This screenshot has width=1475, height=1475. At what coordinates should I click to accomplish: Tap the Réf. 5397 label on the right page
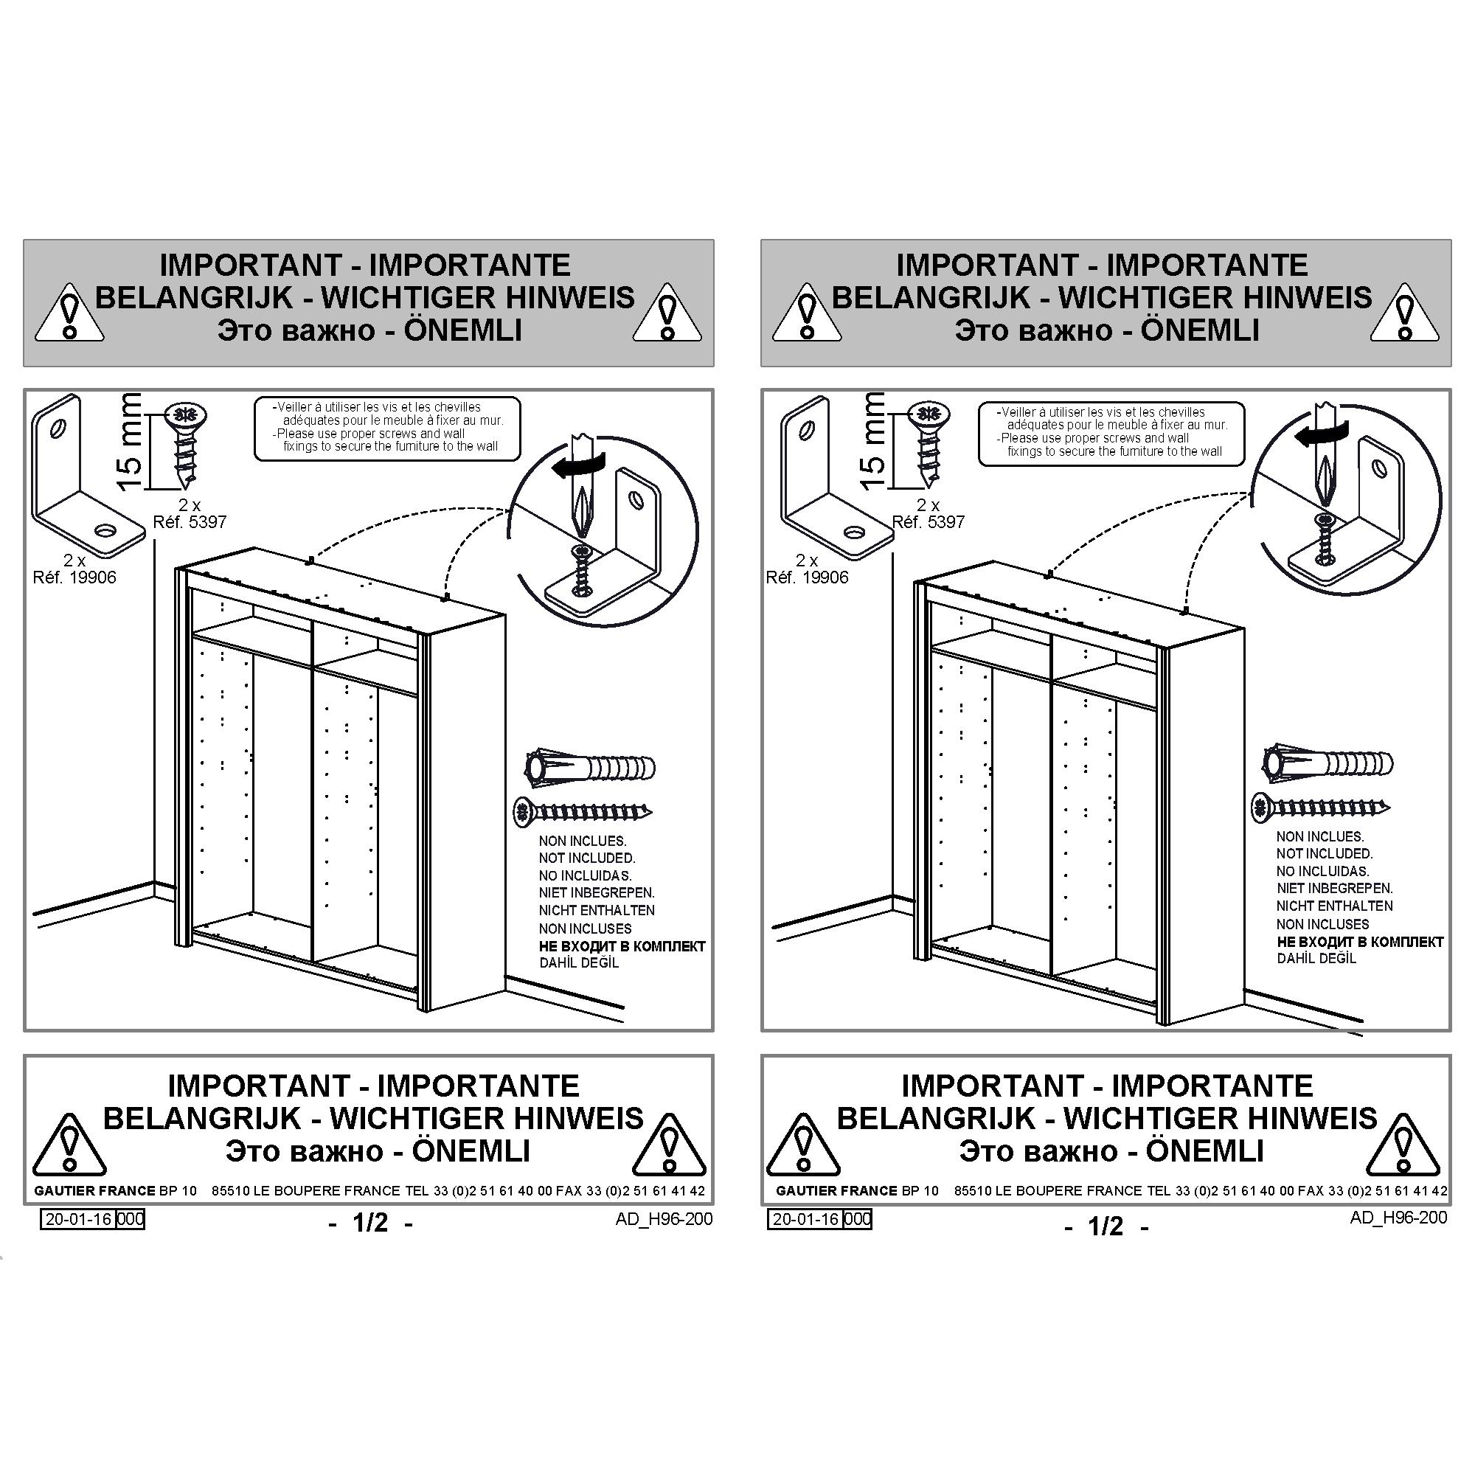point(929,522)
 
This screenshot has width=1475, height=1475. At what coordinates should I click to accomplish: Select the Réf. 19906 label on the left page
point(74,577)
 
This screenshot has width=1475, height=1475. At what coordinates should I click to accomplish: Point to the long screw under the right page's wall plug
point(1321,808)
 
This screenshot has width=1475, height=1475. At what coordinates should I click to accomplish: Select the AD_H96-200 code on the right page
point(1398,1217)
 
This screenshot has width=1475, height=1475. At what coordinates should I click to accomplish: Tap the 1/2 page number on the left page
point(370,1223)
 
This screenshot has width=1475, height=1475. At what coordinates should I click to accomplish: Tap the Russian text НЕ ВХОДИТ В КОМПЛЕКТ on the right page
point(1360,942)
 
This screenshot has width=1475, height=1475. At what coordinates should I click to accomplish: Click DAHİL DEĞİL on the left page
point(579,962)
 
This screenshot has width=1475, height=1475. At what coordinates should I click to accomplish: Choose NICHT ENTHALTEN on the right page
point(1335,906)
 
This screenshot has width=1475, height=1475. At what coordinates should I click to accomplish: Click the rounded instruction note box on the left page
point(387,429)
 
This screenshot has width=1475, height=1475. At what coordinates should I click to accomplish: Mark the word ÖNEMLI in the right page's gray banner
point(1200,330)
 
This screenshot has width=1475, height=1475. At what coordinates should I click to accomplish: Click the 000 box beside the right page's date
point(858,1219)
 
